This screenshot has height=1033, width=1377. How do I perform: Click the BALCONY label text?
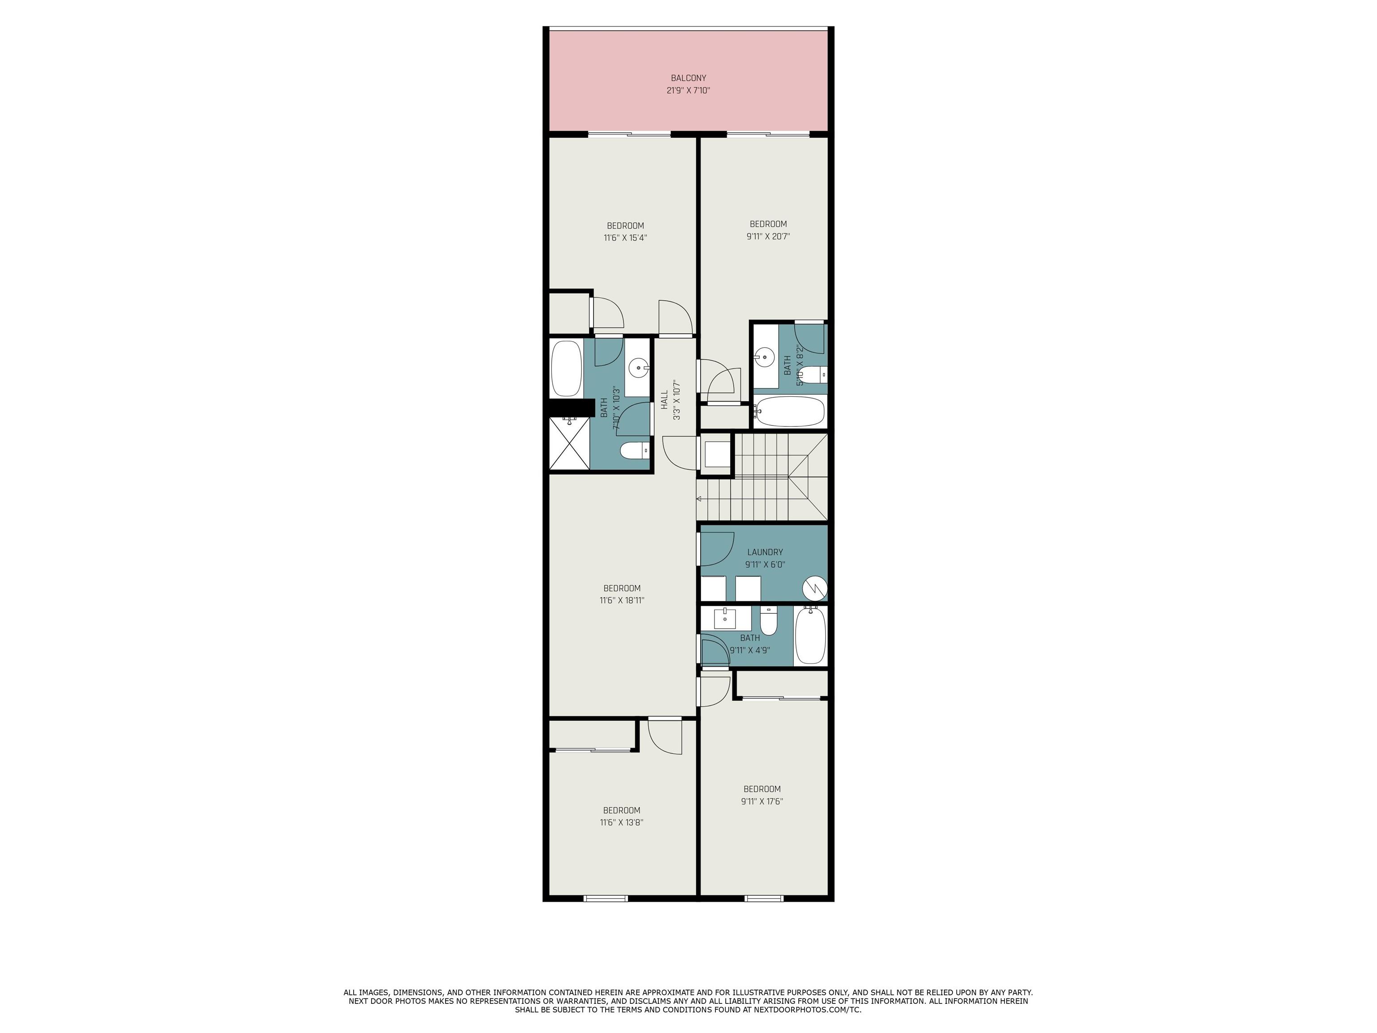pos(688,78)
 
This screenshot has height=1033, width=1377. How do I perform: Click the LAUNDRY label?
pos(765,552)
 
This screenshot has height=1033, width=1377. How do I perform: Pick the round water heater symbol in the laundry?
pos(814,588)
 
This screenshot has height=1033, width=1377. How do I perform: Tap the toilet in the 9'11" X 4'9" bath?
pos(769,621)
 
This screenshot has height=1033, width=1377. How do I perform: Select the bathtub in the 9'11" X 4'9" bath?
pos(810,635)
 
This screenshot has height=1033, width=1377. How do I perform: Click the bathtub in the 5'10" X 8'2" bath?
pos(789,411)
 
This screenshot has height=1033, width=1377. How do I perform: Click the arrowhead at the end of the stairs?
pos(699,499)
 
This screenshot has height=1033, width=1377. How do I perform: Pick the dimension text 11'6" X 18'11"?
pos(622,601)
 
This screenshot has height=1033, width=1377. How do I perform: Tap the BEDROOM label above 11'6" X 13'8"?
pos(621,811)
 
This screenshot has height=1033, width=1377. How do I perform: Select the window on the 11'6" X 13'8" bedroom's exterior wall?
pos(606,898)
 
